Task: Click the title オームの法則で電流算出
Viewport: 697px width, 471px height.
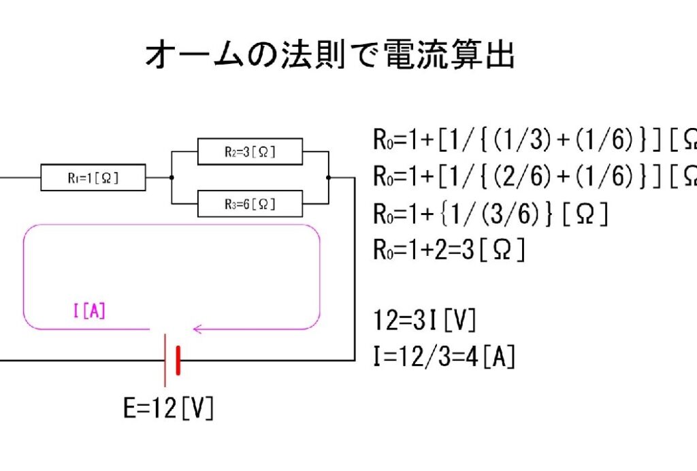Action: pos(330,55)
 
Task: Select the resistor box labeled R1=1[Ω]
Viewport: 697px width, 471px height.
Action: pos(93,179)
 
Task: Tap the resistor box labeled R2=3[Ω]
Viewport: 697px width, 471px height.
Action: pos(250,151)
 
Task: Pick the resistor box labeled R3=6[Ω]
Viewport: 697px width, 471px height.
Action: pos(250,203)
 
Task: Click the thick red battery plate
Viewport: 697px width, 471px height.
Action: pos(178,361)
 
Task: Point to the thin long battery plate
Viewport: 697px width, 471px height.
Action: pos(165,361)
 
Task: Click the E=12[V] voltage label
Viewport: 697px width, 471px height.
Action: pos(168,408)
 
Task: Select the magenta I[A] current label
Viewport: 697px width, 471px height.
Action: pos(88,312)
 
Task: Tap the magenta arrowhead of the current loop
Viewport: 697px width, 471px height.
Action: pos(198,329)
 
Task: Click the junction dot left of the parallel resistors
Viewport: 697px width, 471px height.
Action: pos(171,178)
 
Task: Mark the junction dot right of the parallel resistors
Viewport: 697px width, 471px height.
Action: pos(329,178)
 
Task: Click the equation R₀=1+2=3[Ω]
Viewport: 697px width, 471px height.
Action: pos(449,250)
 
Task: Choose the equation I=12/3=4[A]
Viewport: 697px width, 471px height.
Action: pos(444,355)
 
